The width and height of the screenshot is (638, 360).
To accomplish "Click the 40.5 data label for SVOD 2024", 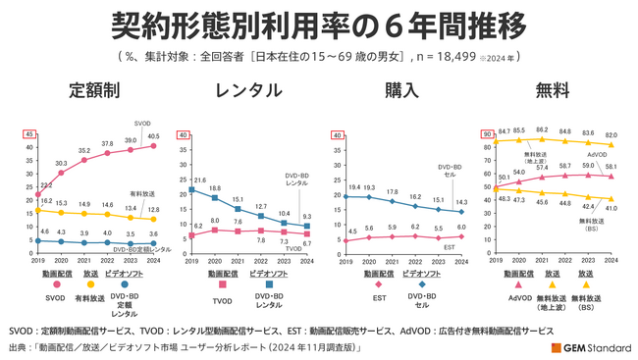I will coord(154,137).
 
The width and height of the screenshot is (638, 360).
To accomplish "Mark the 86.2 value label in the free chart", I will coord(540,129).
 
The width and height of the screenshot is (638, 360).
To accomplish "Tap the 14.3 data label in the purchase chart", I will coord(462,202).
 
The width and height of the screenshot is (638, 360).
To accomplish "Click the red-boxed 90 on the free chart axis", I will coord(486,134).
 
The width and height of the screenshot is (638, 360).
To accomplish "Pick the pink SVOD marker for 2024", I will coord(152,146).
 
